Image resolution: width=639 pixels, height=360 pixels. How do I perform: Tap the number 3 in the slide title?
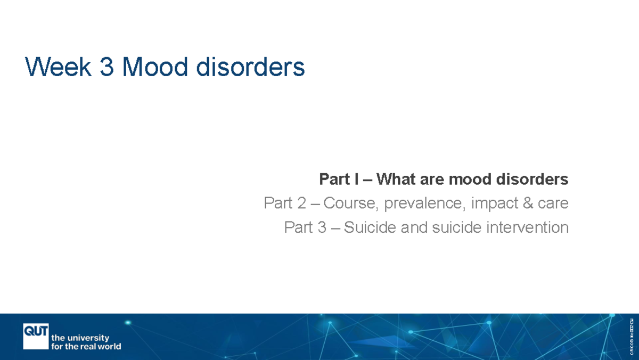pyautogui.click(x=106, y=68)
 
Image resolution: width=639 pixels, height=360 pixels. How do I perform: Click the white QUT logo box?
pyautogui.click(x=36, y=336)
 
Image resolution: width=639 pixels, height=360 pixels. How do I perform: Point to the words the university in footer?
pyautogui.click(x=80, y=338)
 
